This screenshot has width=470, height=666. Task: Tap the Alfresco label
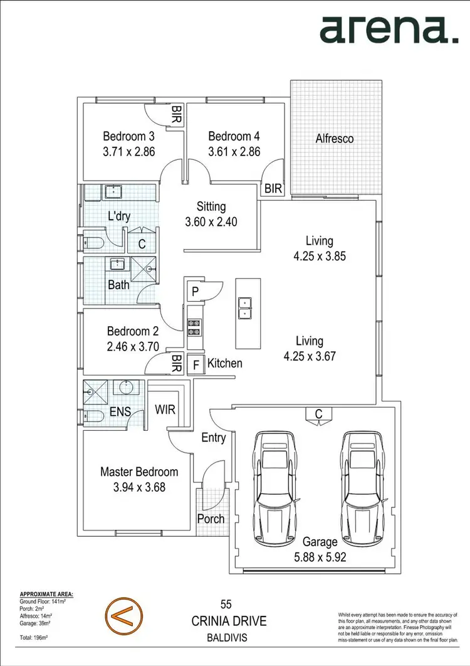pos(334,138)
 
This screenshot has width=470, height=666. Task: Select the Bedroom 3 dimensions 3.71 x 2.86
pos(128,151)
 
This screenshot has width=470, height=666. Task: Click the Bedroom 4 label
pos(234,136)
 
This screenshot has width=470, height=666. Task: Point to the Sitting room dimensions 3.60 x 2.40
pos(211,221)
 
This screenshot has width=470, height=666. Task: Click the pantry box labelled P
pos(196,291)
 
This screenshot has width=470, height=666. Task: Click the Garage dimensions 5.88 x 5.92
pos(320,556)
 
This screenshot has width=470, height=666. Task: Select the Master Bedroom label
pos(139,472)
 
